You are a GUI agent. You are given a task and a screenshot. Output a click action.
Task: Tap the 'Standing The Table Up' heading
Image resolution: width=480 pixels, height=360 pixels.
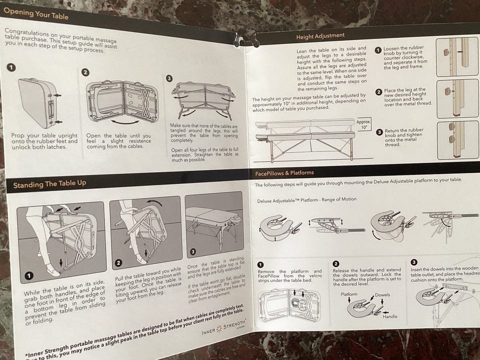tap(49, 184)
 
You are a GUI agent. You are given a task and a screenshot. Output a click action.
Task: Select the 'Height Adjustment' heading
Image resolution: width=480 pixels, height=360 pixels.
tap(320, 36)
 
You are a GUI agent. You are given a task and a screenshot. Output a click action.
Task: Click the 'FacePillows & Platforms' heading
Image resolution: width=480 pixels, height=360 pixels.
tap(283, 173)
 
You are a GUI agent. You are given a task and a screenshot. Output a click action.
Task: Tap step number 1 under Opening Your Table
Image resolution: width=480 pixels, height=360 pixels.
tap(11, 67)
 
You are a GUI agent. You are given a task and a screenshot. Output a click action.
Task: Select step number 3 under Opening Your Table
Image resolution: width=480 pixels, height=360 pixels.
tap(169, 78)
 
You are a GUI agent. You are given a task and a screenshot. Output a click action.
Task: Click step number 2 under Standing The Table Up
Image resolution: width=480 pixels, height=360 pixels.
tap(118, 262)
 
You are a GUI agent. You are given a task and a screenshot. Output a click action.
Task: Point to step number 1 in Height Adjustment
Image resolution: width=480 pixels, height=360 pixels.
tap(378, 50)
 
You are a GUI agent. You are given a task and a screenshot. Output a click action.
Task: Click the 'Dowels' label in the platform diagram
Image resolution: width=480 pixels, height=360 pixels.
tap(382, 295)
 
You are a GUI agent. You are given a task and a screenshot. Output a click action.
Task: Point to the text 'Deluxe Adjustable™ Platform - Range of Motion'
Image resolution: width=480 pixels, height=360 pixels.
tap(306, 199)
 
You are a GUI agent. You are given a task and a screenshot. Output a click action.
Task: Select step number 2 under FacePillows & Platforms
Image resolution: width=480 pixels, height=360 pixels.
tap(335, 263)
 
